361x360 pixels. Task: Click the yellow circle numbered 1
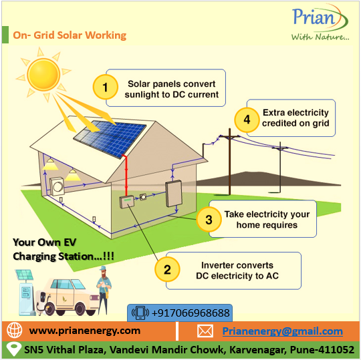[x=106, y=87]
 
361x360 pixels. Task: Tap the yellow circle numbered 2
[x=167, y=269]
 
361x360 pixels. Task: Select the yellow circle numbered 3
[x=209, y=219]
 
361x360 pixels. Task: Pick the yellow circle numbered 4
[x=247, y=120]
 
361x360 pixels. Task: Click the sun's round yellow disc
[x=43, y=75]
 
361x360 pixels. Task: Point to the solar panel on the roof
[x=110, y=139]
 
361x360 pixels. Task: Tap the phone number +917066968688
[x=191, y=313]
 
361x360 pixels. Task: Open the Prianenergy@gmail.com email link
[x=283, y=331]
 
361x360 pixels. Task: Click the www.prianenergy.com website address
[x=85, y=331]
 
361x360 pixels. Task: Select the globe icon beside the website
[x=15, y=331]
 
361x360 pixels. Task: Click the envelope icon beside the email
[x=205, y=331]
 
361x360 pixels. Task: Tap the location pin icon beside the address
[x=13, y=349]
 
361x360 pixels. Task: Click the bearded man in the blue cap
[x=104, y=290]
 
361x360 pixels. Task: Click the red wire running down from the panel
[x=126, y=176]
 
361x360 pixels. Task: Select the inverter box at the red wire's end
[x=126, y=202]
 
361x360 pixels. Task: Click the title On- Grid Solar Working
[x=70, y=35]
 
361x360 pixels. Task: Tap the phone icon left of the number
[x=140, y=313]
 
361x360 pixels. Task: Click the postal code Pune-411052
[x=322, y=350]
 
